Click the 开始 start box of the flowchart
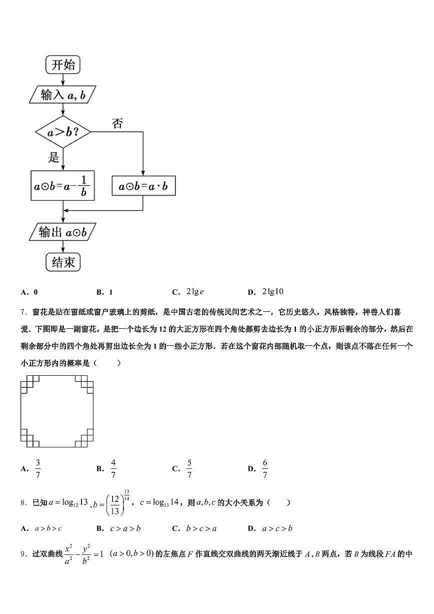pos(63,65)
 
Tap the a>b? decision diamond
pos(63,133)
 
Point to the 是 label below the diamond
pos(53,158)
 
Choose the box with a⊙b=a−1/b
pos(63,186)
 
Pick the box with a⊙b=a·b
pos(143,187)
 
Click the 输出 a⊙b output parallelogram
pos(63,232)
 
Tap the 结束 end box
pos(63,261)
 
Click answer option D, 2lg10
pos(272,292)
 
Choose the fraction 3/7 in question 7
pos(38,469)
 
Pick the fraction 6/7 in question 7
pos(265,469)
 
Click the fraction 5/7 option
pos(189,469)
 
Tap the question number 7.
pos(23,312)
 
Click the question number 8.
pos(23,502)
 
